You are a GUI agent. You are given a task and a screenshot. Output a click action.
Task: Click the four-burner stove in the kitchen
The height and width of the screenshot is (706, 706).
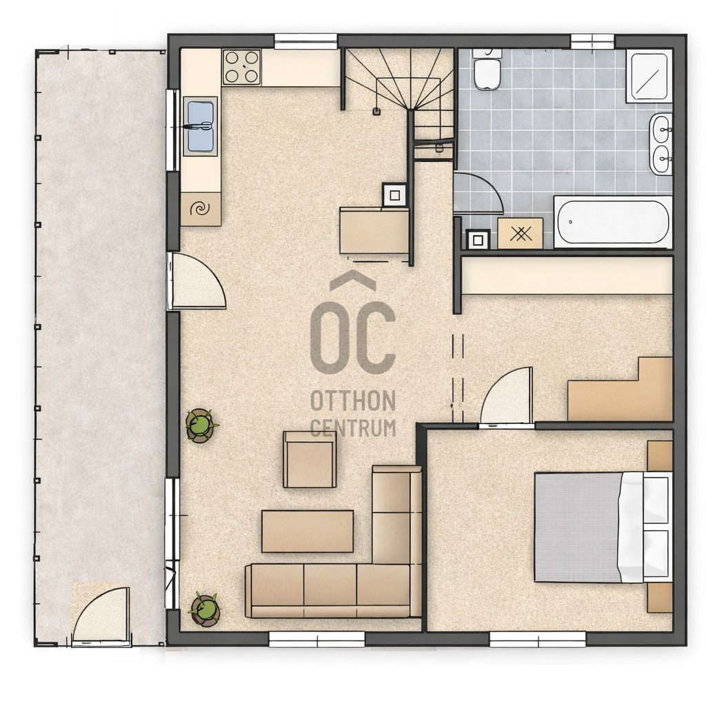pyautogui.click(x=241, y=67)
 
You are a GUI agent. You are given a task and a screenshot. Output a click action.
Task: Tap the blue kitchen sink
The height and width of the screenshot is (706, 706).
pyautogui.click(x=201, y=126)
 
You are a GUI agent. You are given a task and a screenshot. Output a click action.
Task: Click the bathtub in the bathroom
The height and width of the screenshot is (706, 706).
pyautogui.click(x=613, y=221)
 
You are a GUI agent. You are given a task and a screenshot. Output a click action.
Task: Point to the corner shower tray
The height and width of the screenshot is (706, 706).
pyautogui.click(x=649, y=77)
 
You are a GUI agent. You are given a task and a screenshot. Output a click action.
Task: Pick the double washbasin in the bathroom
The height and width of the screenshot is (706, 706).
pyautogui.click(x=660, y=143)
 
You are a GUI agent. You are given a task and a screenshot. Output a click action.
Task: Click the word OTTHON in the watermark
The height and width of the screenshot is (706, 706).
pyautogui.click(x=353, y=401)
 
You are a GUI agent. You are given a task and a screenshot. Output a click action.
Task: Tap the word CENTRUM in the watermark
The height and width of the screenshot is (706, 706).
pyautogui.click(x=353, y=427)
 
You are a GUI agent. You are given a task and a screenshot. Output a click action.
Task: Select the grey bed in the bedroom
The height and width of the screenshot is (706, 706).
pyautogui.click(x=603, y=527)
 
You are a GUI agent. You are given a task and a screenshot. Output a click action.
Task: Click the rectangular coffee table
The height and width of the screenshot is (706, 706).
pyautogui.click(x=307, y=532)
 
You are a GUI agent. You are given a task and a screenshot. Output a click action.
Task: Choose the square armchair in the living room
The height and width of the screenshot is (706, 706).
pyautogui.click(x=310, y=459)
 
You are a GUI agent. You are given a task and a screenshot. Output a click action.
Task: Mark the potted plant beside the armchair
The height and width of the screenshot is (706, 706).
pyautogui.click(x=200, y=425)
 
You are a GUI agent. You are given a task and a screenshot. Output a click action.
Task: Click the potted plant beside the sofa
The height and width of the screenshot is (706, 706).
pyautogui.click(x=205, y=609)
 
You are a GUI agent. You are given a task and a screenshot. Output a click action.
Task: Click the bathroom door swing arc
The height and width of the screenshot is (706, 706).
pyautogui.click(x=478, y=193)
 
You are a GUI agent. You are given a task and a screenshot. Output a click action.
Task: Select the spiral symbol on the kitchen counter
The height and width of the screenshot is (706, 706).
pyautogui.click(x=200, y=208)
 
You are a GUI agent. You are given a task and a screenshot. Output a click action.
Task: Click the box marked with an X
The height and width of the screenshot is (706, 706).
pyautogui.click(x=520, y=233)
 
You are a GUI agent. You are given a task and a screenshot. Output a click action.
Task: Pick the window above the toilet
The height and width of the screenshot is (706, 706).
pyautogui.click(x=592, y=41)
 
